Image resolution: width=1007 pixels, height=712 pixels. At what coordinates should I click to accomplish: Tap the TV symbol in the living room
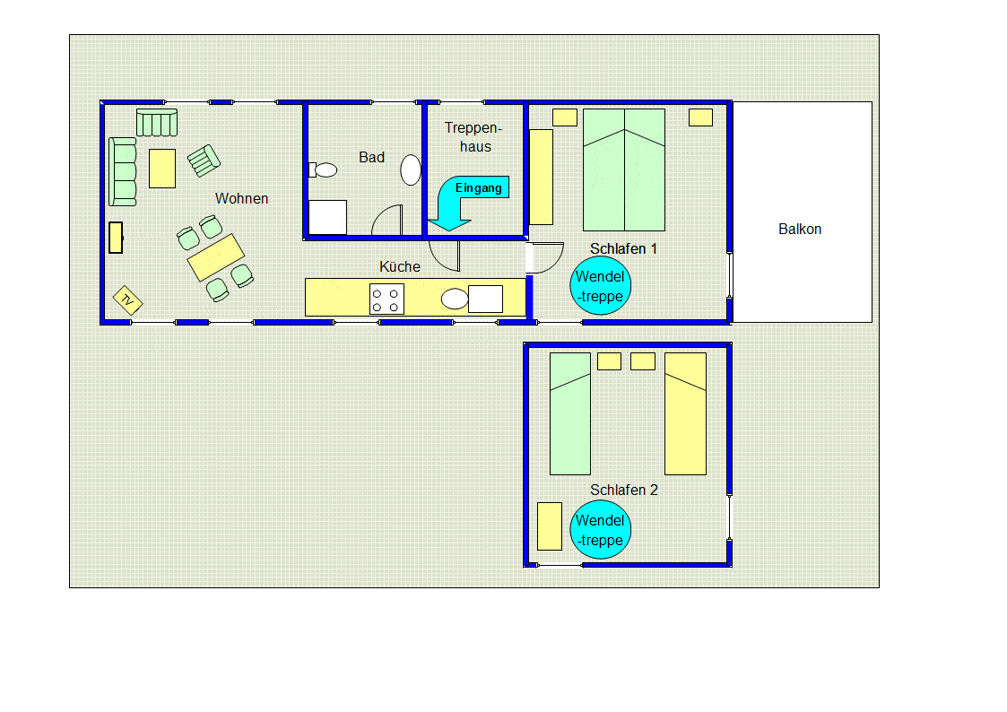(x=127, y=300)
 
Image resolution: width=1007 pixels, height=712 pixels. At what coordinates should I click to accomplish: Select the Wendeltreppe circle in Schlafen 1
(x=600, y=287)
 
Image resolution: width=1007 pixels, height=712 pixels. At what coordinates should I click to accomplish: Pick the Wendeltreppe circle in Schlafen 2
(x=600, y=530)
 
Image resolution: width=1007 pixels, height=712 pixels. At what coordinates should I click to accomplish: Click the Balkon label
(x=800, y=230)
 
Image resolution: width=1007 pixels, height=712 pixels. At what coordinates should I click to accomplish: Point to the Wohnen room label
(x=241, y=199)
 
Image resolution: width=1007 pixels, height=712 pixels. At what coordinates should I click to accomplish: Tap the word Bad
(x=371, y=158)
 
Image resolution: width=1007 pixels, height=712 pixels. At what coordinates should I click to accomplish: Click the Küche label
(x=400, y=267)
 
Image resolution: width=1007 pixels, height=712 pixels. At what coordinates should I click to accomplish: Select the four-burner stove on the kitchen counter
(x=386, y=299)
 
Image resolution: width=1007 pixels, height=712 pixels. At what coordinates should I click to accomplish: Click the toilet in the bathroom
(x=325, y=169)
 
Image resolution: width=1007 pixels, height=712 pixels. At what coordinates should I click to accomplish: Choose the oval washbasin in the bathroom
(x=411, y=170)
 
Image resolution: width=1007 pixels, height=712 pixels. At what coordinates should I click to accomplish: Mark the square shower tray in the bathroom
(x=327, y=217)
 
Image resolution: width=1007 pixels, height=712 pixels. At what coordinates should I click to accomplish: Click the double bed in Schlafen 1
(x=624, y=170)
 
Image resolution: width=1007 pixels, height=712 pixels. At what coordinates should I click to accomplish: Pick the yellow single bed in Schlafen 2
(x=685, y=413)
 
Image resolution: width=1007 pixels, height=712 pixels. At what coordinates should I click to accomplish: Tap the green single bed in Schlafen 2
(x=570, y=413)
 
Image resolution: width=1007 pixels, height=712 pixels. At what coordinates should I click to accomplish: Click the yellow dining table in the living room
(x=215, y=257)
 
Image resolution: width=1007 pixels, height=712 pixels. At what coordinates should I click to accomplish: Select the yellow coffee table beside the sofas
(x=162, y=168)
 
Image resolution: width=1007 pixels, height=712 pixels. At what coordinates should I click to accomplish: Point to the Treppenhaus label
(x=468, y=137)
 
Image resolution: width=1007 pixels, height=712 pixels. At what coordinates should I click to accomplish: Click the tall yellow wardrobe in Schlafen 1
(x=541, y=177)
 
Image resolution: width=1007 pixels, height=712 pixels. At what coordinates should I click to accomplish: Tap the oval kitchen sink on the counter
(x=455, y=299)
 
